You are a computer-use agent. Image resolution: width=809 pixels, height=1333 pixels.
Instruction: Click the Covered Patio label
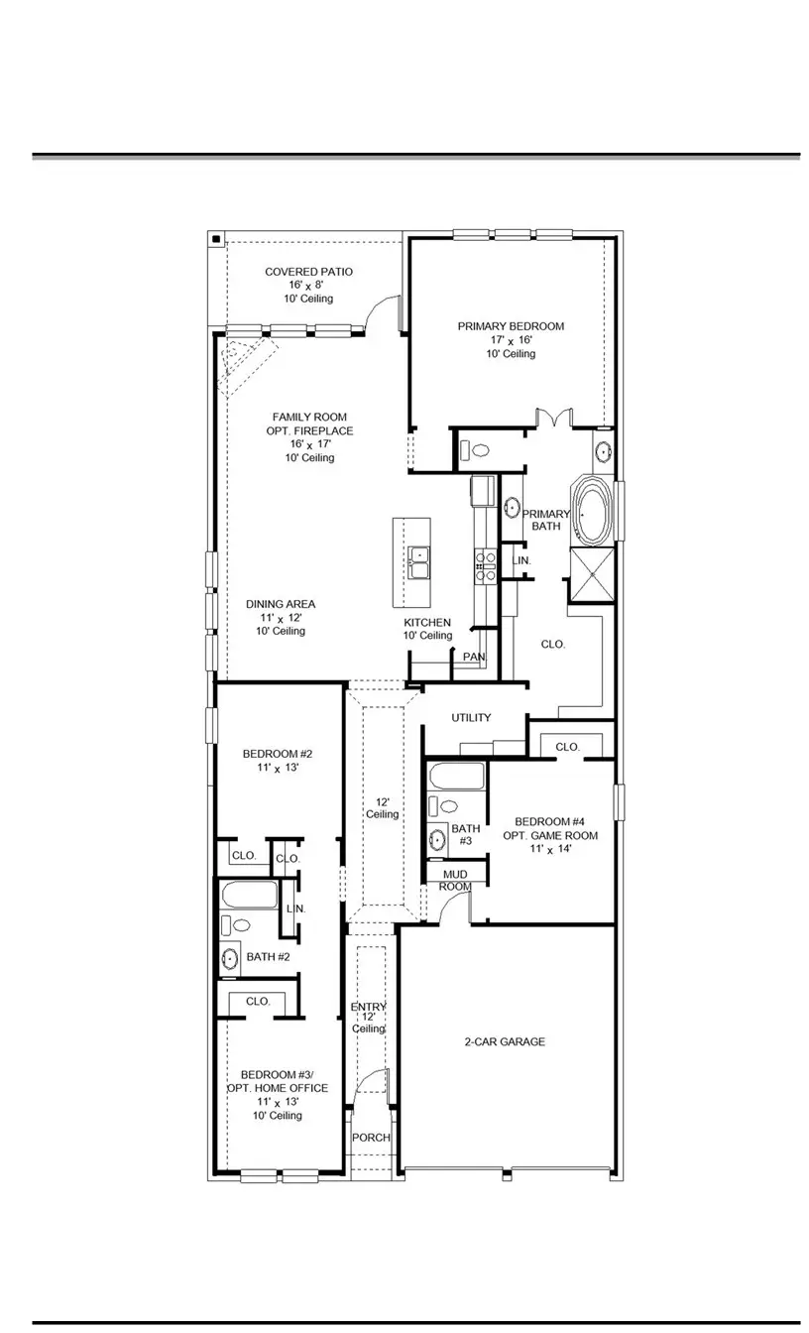(x=308, y=272)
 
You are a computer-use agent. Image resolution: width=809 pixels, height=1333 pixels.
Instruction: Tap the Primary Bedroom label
(x=511, y=326)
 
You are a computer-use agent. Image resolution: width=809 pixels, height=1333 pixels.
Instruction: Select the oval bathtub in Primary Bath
(x=595, y=512)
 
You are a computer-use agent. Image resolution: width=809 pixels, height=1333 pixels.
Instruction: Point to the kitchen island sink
(x=418, y=561)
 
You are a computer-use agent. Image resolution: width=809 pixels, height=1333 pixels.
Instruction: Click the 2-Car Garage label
(x=505, y=1041)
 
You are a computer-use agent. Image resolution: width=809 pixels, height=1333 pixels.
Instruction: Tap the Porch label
(x=371, y=1138)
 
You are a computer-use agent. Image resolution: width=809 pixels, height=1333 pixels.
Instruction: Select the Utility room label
(x=471, y=717)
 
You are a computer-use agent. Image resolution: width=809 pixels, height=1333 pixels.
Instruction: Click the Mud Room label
(x=456, y=880)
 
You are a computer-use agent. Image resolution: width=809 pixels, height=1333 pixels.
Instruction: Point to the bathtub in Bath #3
(x=457, y=776)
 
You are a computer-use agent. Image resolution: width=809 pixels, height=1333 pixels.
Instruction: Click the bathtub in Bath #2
(x=249, y=895)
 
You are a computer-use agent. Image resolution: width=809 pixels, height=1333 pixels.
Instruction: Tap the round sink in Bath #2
(x=230, y=959)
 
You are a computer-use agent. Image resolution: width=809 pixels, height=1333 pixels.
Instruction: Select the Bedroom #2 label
(x=271, y=754)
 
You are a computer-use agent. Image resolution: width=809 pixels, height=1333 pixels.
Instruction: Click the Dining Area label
(x=281, y=604)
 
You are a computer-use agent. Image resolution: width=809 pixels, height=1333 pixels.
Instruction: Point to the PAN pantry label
(x=474, y=657)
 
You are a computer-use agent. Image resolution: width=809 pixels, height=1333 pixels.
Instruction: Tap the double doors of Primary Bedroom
(x=553, y=417)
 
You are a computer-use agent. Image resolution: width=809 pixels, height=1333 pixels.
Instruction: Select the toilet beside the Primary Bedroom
(x=478, y=450)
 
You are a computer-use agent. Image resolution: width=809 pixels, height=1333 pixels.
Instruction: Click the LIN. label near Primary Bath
(x=520, y=560)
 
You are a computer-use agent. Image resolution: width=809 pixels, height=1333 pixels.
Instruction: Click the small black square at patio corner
(x=215, y=239)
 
